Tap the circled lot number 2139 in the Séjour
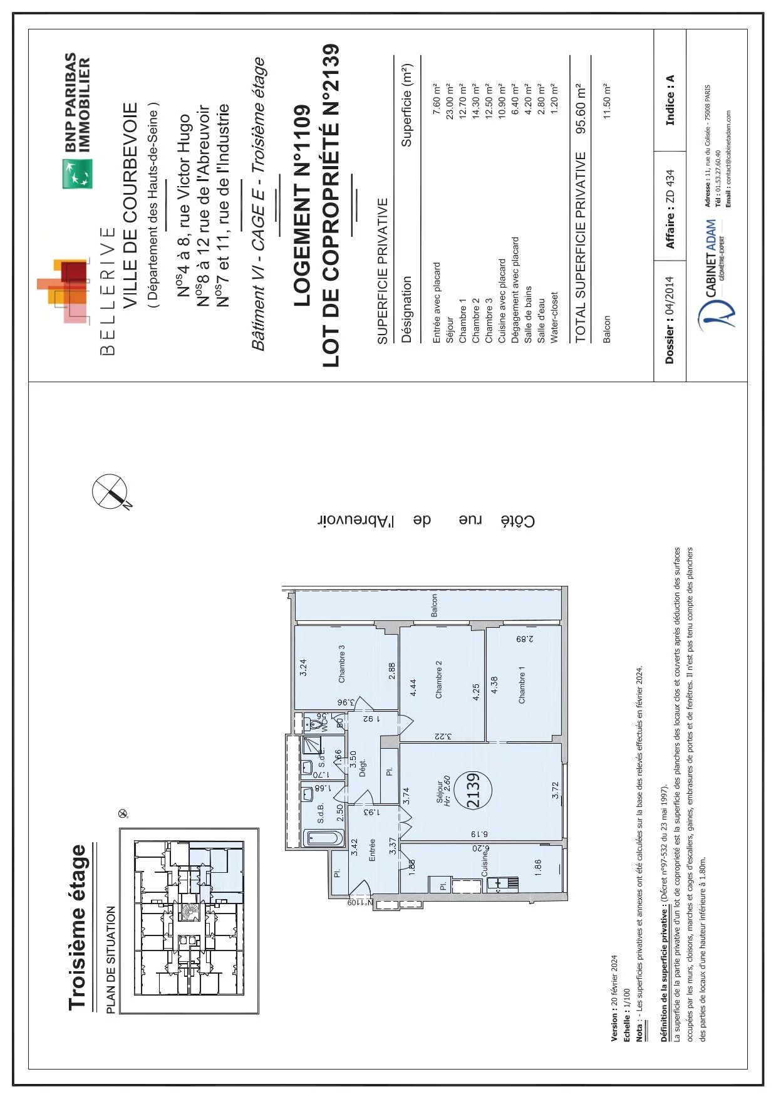coord(473,791)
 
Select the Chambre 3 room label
coord(341,664)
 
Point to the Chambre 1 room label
coord(522,685)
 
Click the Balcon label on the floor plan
coord(434,605)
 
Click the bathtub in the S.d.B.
coord(324,838)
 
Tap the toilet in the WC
coord(313,725)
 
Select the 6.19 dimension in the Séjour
coord(479,834)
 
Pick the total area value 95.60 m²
coord(581,108)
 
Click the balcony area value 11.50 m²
coord(606,100)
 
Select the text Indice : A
coord(670,100)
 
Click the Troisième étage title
coord(78,928)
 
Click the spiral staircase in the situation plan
coord(187,912)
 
